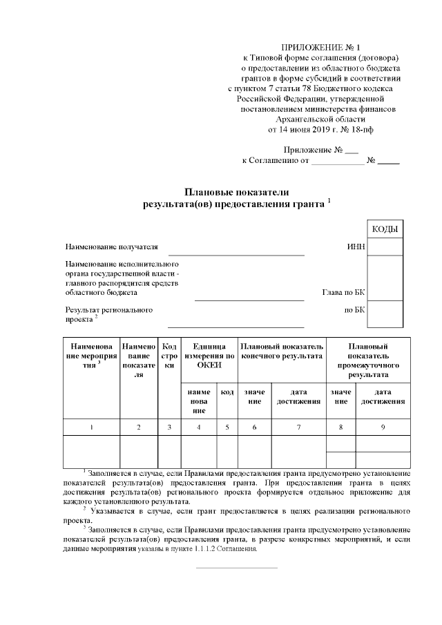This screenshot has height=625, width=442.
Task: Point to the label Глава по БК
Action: tap(343, 292)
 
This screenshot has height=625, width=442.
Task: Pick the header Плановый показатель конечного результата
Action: tap(281, 350)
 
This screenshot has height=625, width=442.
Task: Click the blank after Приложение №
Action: tap(351, 151)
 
